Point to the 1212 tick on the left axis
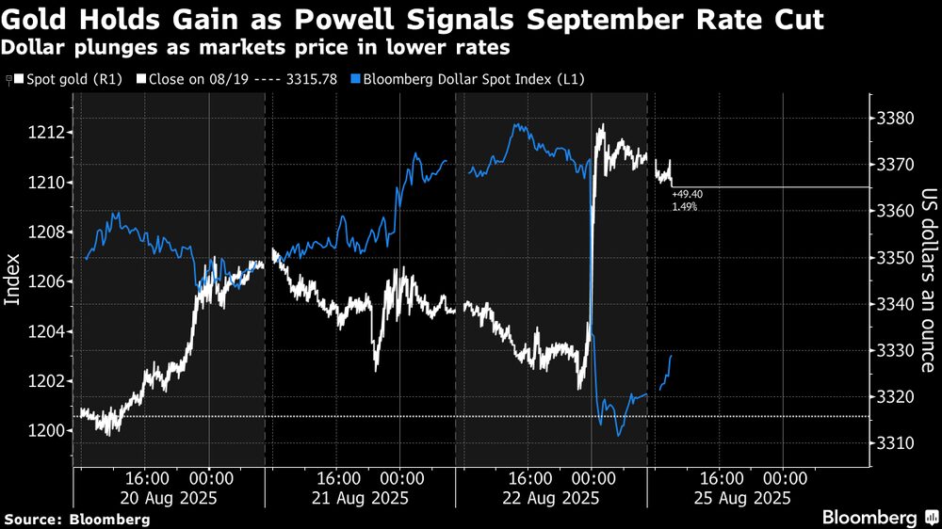49,133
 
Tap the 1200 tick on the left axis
49,431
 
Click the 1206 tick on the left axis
49,281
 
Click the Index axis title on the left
13,280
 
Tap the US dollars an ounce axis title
926,280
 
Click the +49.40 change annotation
687,193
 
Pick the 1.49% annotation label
684,205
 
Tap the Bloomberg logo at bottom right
879,517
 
